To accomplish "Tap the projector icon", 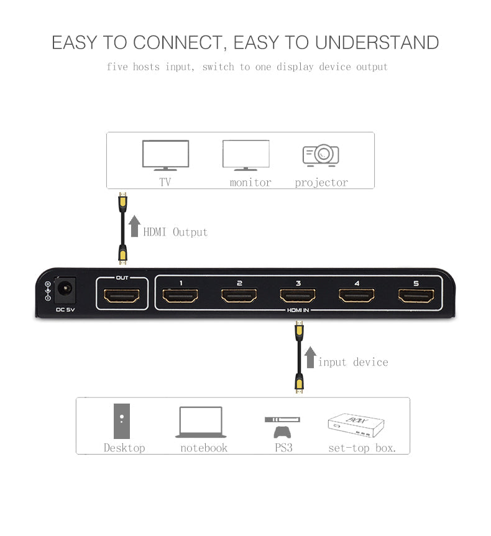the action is click(321, 155).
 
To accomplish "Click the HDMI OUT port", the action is click(122, 296).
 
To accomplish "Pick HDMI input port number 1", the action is click(180, 296).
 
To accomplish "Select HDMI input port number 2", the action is click(239, 296).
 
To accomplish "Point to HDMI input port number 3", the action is click(298, 296).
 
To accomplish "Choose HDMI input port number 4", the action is click(357, 296).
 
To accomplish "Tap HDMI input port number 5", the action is click(416, 296).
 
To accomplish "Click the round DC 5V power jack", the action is click(65, 290).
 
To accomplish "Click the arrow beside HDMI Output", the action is click(135, 226).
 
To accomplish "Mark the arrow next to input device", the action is click(310, 357).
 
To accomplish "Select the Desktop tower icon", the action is click(122, 421).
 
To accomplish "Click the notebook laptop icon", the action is click(201, 422).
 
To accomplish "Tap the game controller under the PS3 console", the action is click(282, 432).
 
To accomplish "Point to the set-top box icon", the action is click(356, 425).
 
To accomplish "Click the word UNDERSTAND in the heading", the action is click(377, 43).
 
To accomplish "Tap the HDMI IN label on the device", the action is click(298, 310).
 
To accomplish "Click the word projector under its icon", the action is click(321, 183).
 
